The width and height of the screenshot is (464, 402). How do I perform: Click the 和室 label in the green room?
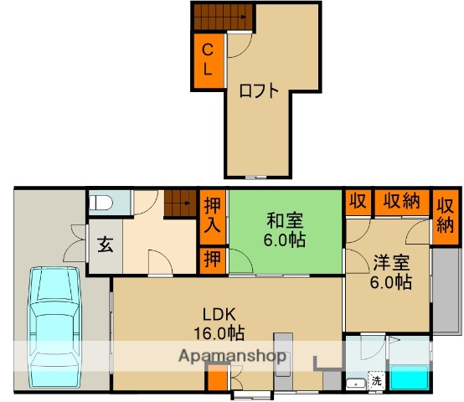tap(286, 221)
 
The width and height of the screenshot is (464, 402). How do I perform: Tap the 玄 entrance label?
tap(106, 246)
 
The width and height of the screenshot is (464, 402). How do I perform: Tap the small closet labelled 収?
tap(357, 202)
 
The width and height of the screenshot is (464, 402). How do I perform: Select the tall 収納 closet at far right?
tap(446, 216)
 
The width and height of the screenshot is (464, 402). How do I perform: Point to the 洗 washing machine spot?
tap(376, 381)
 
